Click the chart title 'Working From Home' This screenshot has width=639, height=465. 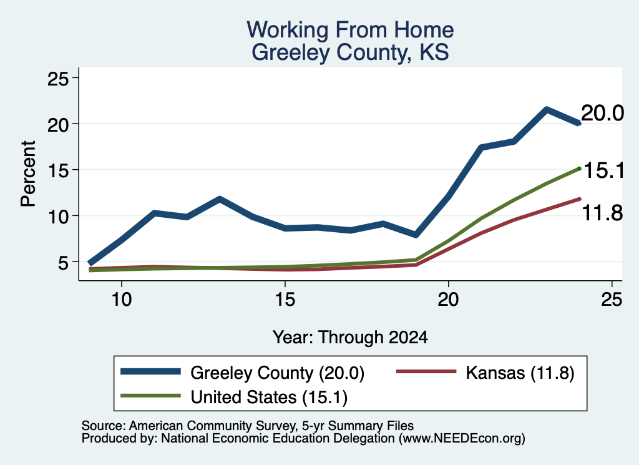350,30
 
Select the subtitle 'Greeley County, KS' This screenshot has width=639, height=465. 350,52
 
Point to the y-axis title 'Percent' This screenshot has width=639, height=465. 28,174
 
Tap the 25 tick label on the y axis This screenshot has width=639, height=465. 58,78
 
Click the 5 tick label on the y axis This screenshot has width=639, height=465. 64,262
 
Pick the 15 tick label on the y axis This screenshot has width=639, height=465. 58,170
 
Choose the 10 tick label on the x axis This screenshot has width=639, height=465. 122,300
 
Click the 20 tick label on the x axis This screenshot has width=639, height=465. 448,300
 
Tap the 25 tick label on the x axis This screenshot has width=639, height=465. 612,300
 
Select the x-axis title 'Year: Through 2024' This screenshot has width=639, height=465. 350,338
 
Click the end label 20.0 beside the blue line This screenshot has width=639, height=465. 602,113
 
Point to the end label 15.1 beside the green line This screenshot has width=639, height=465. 604,170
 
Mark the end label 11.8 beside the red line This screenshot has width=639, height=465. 602,213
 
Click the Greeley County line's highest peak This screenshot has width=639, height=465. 546,109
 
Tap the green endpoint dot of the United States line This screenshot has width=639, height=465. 579,169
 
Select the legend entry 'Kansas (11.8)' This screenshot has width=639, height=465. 520,373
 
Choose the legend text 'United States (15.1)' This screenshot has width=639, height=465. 269,397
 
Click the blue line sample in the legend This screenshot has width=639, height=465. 150,371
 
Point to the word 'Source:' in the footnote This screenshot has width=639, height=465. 104,426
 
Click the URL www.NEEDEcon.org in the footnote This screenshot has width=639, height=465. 462,438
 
